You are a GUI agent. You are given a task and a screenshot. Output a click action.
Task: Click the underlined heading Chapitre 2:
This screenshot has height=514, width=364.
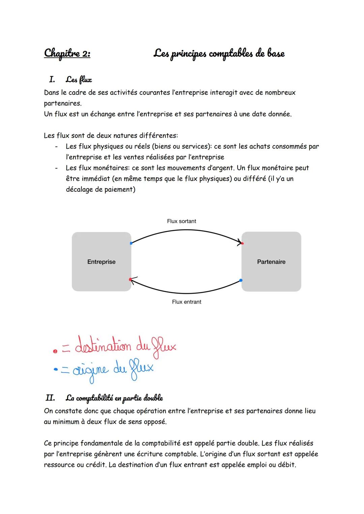(67, 54)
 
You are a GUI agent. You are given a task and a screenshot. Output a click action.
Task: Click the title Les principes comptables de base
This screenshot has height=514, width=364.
(219, 54)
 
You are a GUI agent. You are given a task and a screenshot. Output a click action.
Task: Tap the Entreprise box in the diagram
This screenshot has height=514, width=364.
(101, 262)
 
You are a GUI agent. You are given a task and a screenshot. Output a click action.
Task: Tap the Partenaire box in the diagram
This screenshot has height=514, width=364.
(271, 262)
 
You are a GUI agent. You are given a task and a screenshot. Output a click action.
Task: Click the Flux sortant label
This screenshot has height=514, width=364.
(181, 221)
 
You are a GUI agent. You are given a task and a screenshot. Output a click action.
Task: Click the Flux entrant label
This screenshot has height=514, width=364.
(186, 302)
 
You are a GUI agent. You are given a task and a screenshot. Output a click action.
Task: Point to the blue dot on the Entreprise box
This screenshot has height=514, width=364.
(131, 243)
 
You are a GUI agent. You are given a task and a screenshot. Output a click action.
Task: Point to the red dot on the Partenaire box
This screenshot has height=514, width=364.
(242, 243)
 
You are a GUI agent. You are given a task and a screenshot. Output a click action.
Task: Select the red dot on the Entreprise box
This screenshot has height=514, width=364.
(130, 279)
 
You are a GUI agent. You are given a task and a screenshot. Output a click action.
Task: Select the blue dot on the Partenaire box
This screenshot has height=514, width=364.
(241, 280)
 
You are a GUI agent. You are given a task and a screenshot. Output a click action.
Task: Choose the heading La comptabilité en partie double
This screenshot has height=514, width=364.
(114, 398)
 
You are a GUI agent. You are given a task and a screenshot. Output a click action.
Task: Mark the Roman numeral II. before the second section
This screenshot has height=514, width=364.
(50, 398)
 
